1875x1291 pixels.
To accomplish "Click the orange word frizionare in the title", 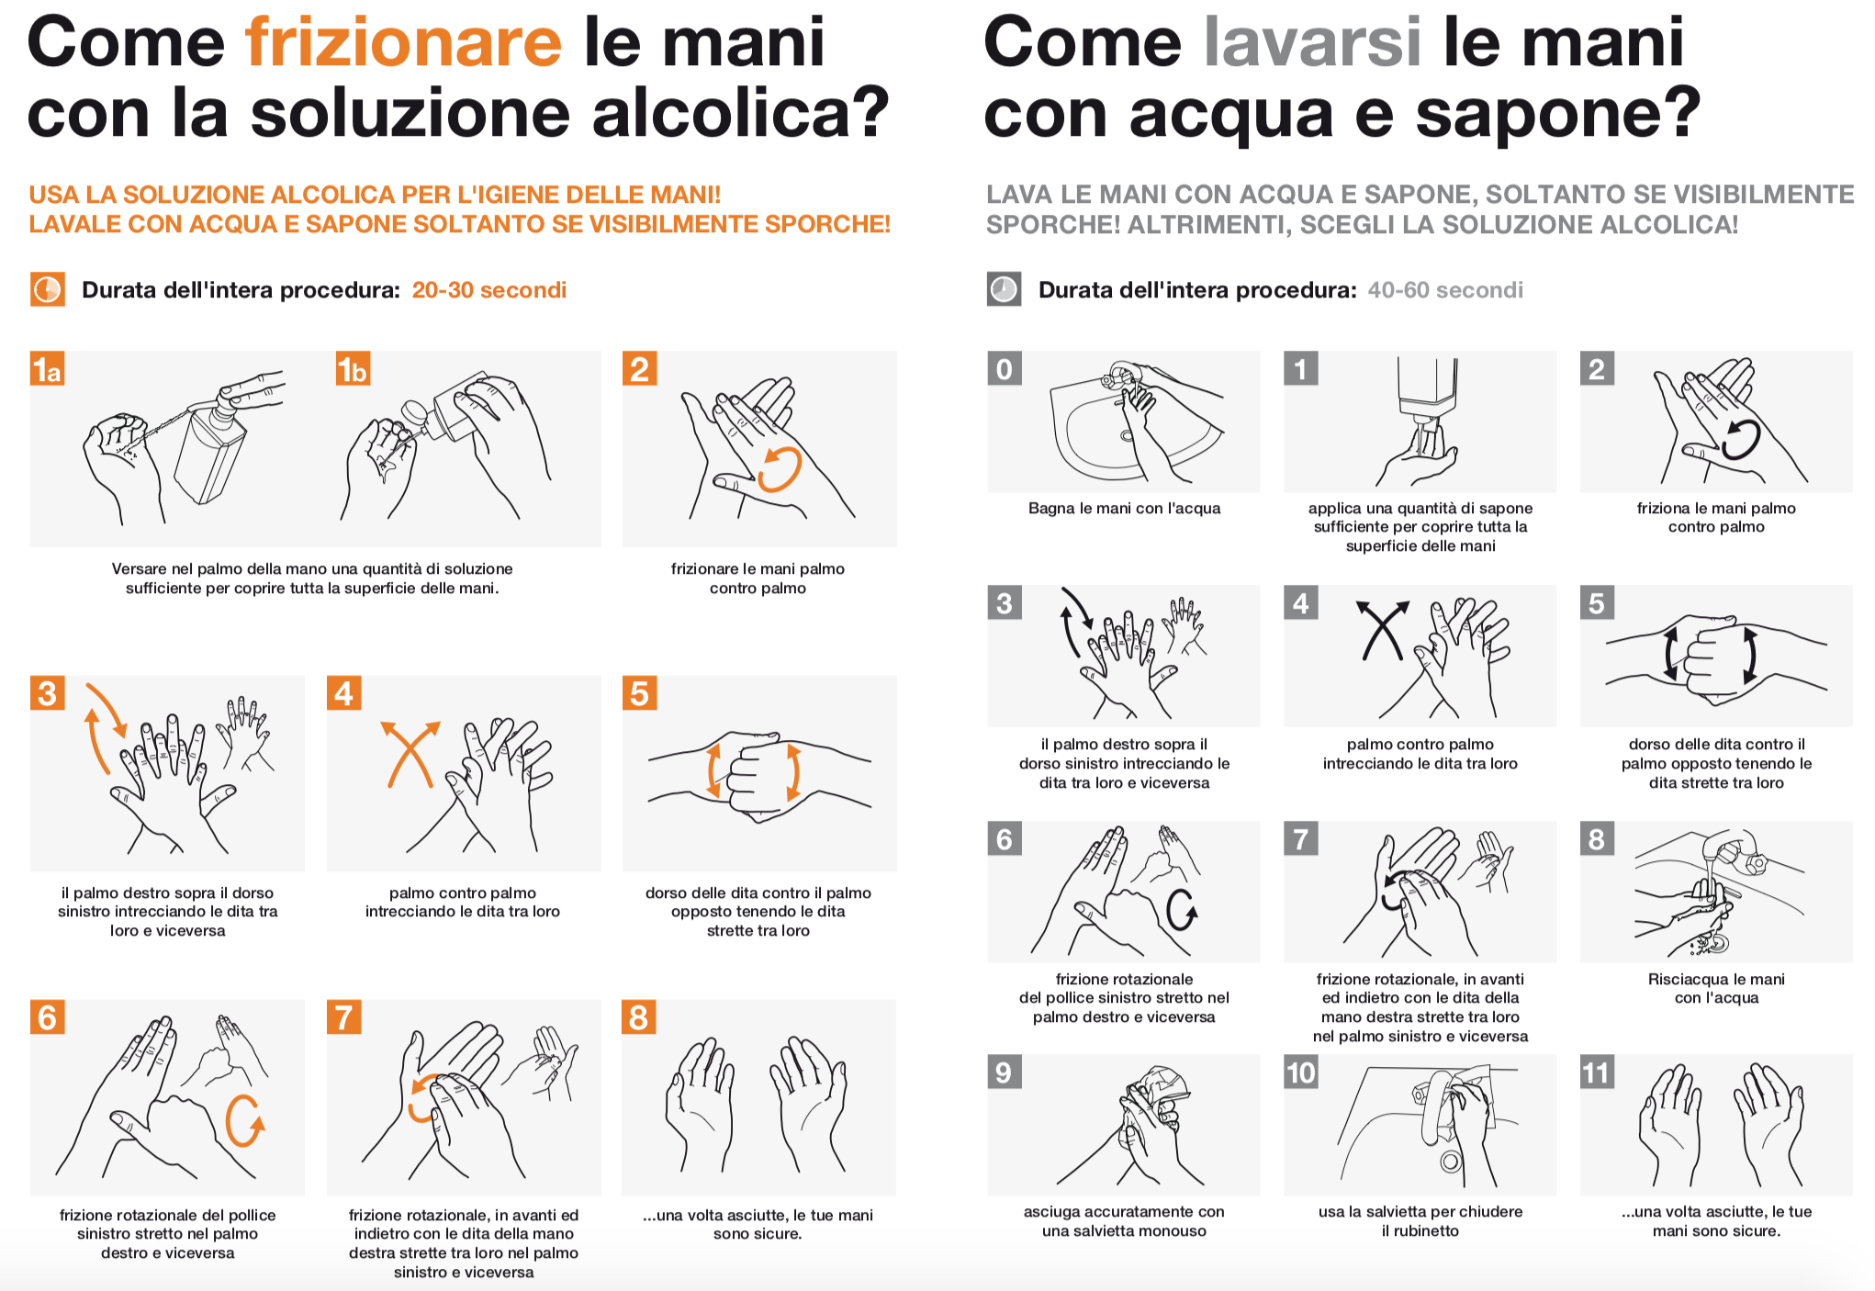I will tap(403, 42).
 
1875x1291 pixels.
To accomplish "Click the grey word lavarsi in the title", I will tap(1312, 42).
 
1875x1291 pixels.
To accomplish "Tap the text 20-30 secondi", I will tap(488, 290).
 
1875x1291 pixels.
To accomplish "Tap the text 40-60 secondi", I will tap(1444, 290).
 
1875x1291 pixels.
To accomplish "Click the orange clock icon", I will tap(48, 290).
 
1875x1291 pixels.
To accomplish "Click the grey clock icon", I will tap(1004, 290).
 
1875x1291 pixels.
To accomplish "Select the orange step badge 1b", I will tap(352, 369).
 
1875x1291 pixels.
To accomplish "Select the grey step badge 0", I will tap(1005, 369).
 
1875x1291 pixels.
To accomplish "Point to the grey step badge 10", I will tap(1300, 1072).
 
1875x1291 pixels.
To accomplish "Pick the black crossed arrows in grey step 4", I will tap(1382, 630).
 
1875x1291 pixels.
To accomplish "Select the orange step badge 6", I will tap(48, 1017).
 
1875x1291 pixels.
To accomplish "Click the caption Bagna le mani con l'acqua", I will tap(1124, 509).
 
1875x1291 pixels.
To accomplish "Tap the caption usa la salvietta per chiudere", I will tap(1420, 1212).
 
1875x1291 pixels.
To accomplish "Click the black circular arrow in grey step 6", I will tap(1181, 909).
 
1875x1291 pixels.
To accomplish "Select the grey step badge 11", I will tap(1597, 1072).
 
